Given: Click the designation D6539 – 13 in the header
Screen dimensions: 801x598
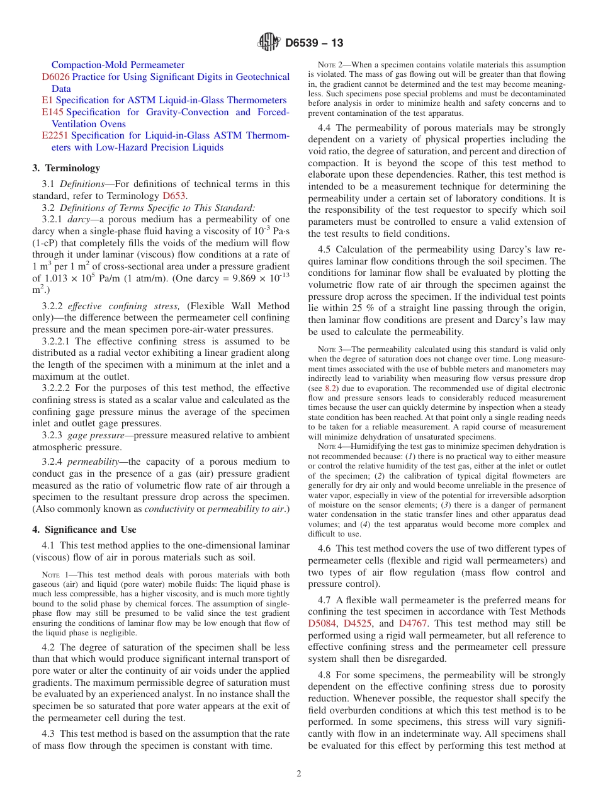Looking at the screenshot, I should (313, 43).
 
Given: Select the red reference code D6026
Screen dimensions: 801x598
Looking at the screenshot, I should (55, 77).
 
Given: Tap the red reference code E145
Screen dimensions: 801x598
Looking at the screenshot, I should (54, 112).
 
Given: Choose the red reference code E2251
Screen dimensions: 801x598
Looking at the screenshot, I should (55, 135).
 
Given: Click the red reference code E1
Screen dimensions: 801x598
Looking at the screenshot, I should (47, 100).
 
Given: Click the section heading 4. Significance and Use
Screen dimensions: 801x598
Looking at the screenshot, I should (84, 530).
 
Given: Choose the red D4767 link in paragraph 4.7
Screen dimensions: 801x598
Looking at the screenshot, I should (414, 623).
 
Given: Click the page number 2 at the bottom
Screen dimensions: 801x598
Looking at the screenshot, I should (299, 773).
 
